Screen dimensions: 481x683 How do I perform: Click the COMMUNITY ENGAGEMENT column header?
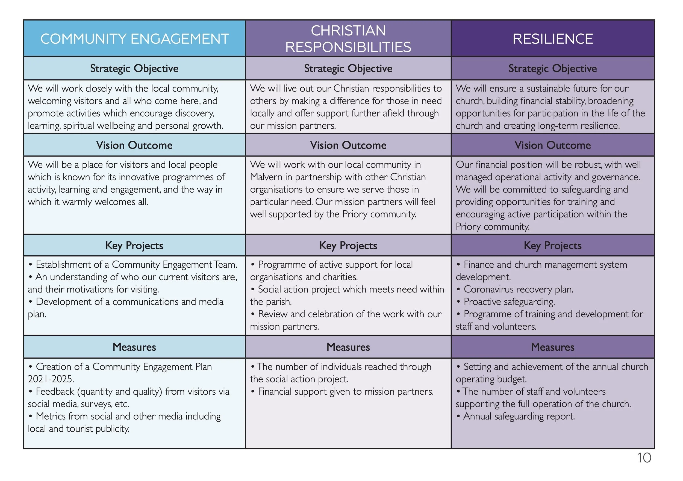134,39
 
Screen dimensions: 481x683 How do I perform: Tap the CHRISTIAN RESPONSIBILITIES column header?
348,39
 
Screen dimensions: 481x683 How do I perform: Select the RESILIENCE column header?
552,39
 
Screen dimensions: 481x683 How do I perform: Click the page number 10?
644,458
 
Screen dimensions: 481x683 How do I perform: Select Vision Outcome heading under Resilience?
552,145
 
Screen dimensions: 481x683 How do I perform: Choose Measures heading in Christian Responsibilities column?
348,347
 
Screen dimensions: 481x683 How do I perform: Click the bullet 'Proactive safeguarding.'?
509,302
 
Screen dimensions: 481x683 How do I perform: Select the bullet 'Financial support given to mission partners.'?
345,392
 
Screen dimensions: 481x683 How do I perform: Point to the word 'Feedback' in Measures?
55,392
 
